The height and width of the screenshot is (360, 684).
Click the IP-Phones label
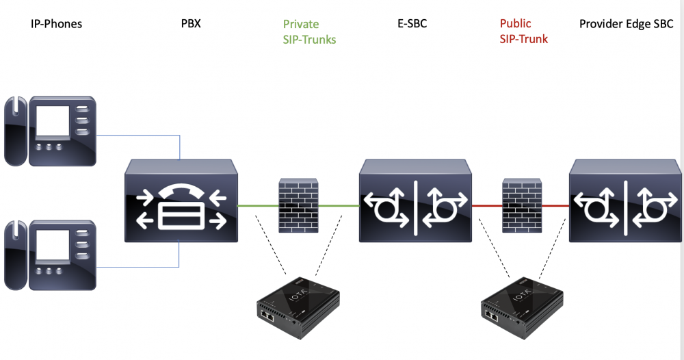click(x=56, y=24)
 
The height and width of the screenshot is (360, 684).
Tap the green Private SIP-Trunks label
click(x=309, y=32)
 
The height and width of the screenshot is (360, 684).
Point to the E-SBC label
click(x=412, y=24)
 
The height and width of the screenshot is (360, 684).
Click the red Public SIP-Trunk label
click(x=524, y=31)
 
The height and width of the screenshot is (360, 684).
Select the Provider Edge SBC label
click(x=626, y=24)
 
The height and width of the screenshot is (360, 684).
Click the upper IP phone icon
click(x=50, y=131)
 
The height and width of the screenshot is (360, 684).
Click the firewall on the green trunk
click(x=299, y=203)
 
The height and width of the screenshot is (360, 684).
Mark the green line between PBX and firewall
click(x=257, y=205)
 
